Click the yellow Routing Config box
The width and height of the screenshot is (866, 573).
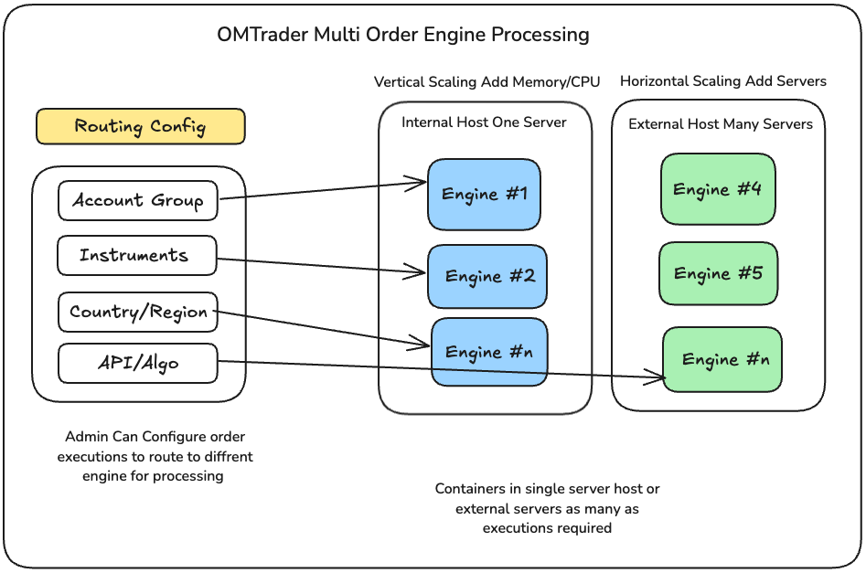[x=140, y=126]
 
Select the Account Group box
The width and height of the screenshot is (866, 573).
[x=137, y=200]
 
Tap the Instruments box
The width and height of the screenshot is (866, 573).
[x=136, y=255]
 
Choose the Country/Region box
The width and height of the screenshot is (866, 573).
[x=138, y=312]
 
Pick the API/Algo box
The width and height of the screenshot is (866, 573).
[x=138, y=363]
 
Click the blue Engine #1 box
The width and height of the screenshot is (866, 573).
[x=484, y=194]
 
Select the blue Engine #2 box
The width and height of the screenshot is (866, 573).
[x=487, y=276]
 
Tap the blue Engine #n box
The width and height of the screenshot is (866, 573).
[x=488, y=352]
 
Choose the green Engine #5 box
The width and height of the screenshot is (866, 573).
[x=718, y=273]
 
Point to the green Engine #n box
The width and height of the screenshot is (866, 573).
[x=722, y=360]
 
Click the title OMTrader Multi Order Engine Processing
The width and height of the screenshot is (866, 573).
[x=402, y=36]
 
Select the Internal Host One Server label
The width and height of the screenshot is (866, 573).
[x=484, y=122]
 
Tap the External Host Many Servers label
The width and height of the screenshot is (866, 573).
[x=720, y=124]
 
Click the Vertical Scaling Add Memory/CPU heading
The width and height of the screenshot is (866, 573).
[x=486, y=82]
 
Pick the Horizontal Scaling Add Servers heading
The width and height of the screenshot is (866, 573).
[x=722, y=81]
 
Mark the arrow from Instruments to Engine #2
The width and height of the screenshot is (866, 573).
[x=320, y=264]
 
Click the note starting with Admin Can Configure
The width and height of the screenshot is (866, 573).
[x=155, y=456]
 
